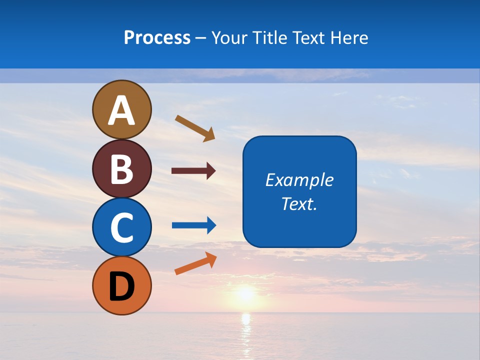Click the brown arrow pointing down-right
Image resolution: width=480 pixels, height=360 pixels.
click(x=195, y=128)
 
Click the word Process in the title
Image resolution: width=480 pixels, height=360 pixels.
click(x=157, y=37)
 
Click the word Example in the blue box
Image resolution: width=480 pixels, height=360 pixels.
click(x=299, y=180)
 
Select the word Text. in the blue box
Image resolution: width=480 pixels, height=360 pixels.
click(x=299, y=203)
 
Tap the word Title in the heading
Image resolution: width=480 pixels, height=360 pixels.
click(x=270, y=37)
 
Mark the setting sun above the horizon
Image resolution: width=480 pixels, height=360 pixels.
click(x=245, y=293)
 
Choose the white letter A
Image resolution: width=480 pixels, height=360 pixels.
click(x=122, y=110)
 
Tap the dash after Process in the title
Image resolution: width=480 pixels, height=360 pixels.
click(x=201, y=38)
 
